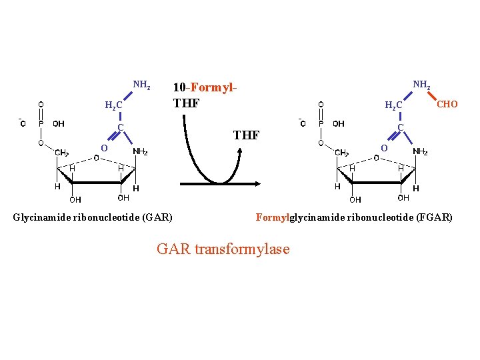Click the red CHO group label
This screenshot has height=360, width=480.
447,104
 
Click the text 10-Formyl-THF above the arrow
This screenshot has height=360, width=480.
205,95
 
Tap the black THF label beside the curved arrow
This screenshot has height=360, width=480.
246,135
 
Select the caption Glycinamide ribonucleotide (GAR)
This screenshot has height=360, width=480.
93,217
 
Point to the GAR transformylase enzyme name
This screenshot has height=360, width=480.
223,249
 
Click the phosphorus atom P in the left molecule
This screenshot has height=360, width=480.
41,123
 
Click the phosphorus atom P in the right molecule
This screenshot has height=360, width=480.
321,123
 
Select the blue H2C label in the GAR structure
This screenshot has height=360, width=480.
113,105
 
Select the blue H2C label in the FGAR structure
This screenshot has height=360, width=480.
393,105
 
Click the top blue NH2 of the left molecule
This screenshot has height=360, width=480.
141,85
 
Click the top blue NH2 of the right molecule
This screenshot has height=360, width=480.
421,85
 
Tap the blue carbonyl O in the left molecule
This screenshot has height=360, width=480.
103,147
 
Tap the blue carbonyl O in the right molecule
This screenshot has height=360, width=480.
383,147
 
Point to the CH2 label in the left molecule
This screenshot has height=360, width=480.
61,153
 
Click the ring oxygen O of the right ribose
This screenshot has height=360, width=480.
377,157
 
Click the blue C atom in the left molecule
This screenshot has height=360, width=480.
121,127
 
